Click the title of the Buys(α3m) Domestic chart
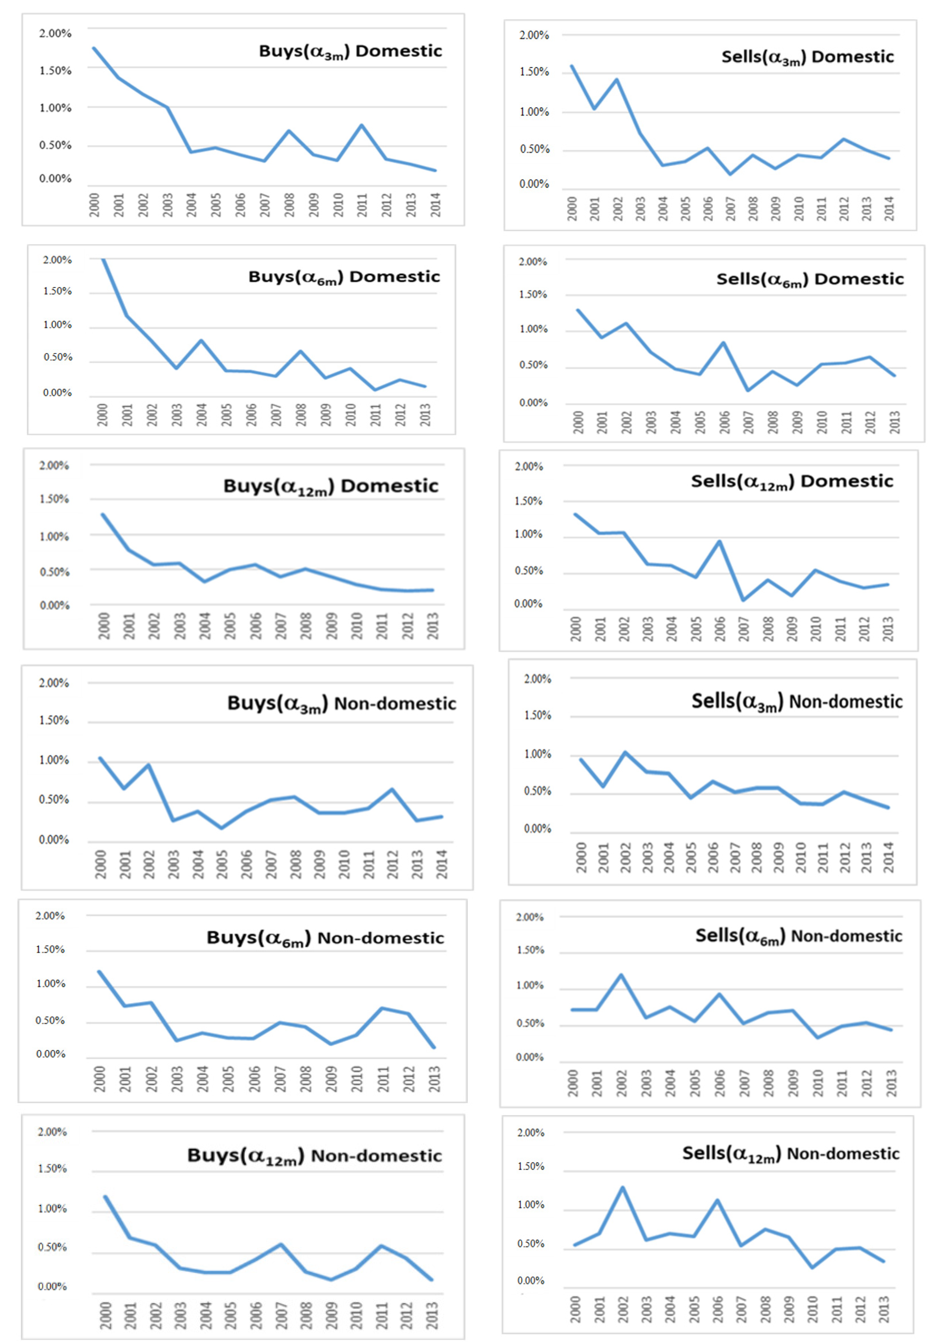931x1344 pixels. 350,51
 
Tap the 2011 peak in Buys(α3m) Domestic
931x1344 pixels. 362,125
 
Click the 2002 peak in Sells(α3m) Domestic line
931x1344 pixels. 616,80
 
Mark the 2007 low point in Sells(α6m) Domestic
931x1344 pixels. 748,390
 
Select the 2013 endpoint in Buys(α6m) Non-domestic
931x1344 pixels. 433,1047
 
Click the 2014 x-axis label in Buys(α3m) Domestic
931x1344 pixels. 435,205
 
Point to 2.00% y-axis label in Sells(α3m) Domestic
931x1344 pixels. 534,36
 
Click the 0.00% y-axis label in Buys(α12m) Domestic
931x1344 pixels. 54,605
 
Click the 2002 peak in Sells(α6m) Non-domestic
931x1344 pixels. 621,975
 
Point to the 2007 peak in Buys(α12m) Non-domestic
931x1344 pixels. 281,1244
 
